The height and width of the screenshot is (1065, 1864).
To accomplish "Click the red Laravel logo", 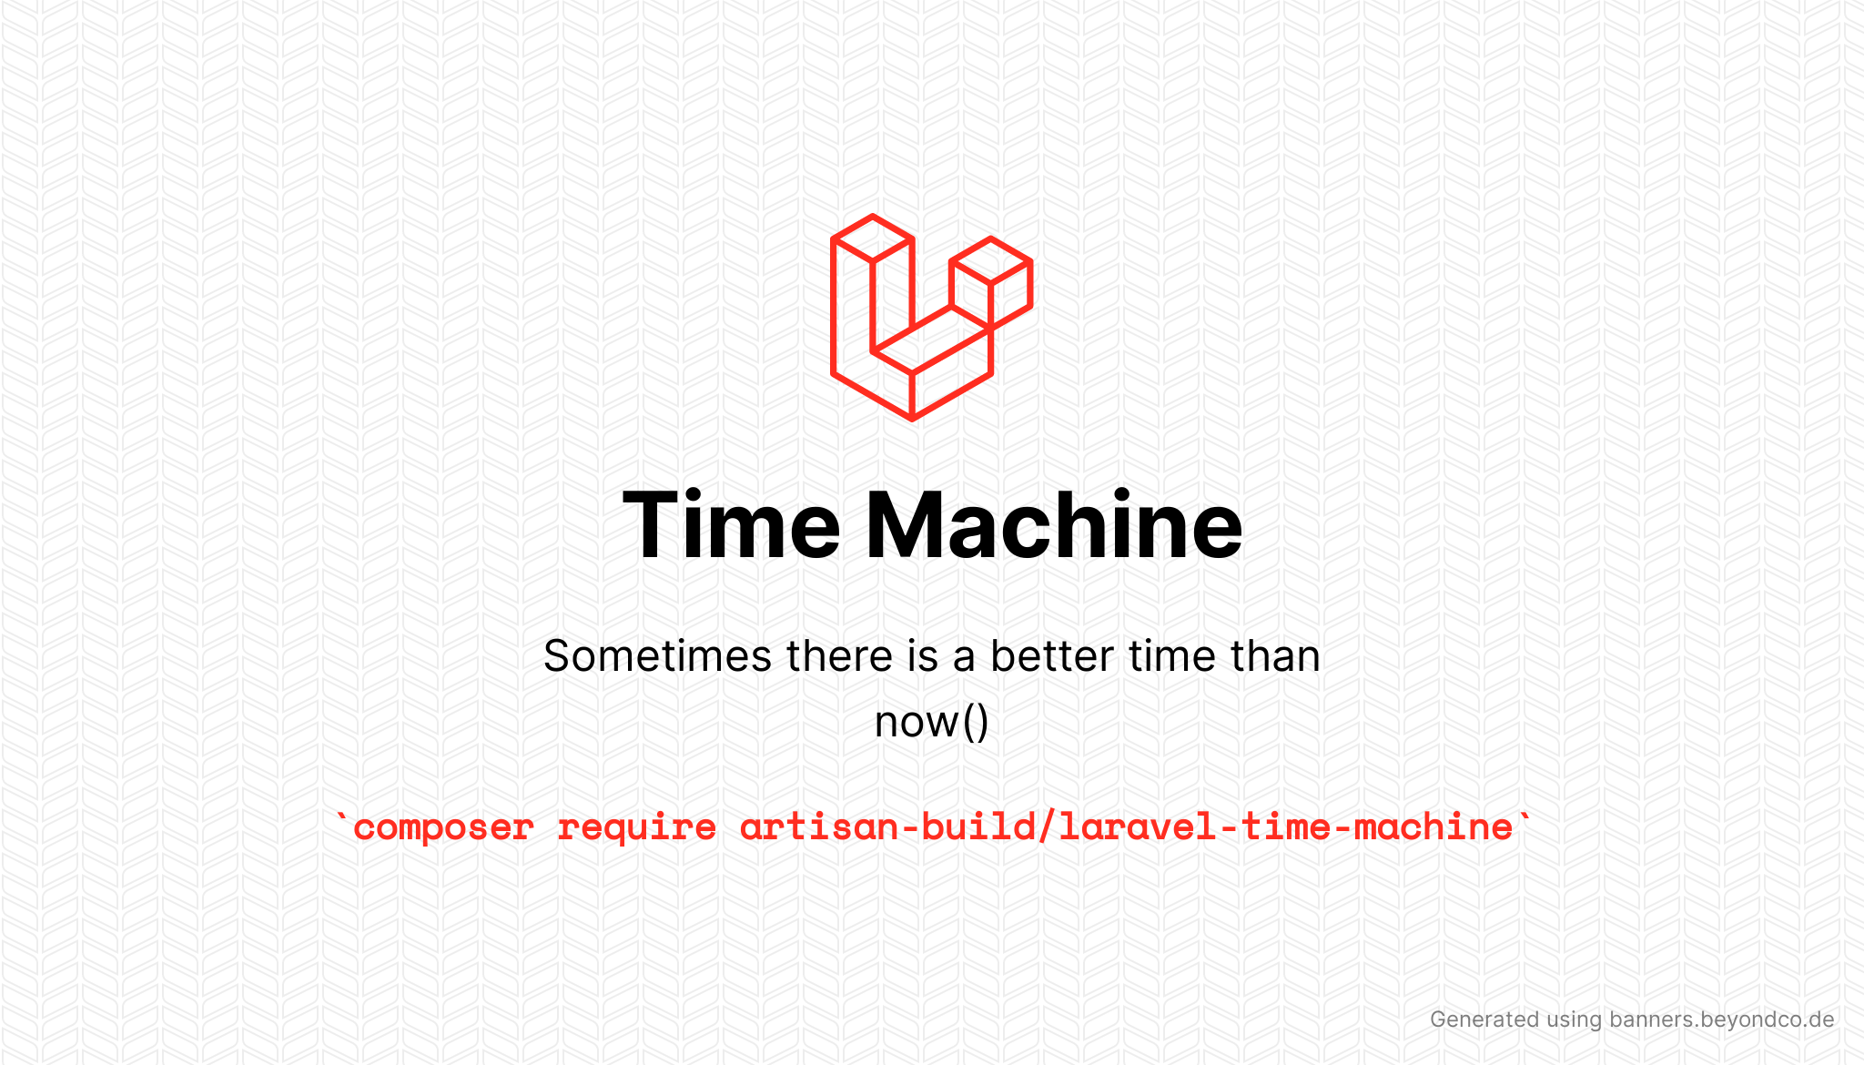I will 930,318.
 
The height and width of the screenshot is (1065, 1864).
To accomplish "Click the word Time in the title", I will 731,525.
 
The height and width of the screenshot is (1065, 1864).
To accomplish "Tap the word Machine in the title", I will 1053,525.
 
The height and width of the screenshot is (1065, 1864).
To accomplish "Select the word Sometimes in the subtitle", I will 657,656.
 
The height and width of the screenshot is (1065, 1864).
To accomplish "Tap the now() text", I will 931,722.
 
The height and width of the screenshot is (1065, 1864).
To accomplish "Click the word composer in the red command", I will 443,827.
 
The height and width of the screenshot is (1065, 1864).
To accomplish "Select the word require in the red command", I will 636,827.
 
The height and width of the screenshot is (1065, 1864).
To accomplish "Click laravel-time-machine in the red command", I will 1285,827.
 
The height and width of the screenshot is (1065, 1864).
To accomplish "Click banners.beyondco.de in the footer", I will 1721,1019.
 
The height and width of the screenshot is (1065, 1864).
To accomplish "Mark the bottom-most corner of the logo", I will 912,418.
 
